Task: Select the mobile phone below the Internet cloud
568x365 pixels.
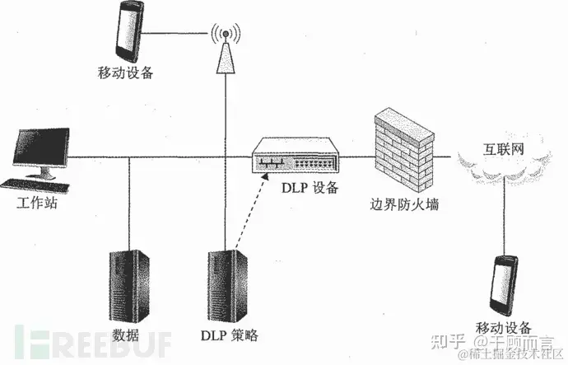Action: pos(504,284)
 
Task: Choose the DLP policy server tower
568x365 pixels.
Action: pos(225,285)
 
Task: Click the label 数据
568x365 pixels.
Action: pos(128,335)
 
